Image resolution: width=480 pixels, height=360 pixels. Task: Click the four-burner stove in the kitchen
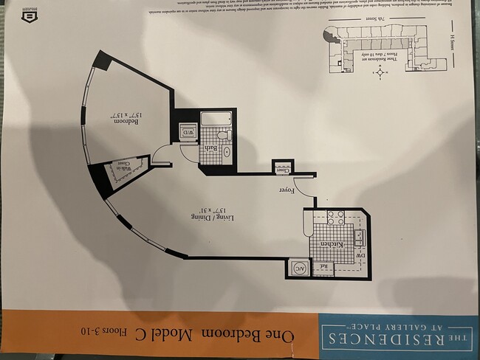point(335,218)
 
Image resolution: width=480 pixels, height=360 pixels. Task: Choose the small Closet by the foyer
point(281,169)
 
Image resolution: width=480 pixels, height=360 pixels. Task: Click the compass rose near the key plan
point(380,72)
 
